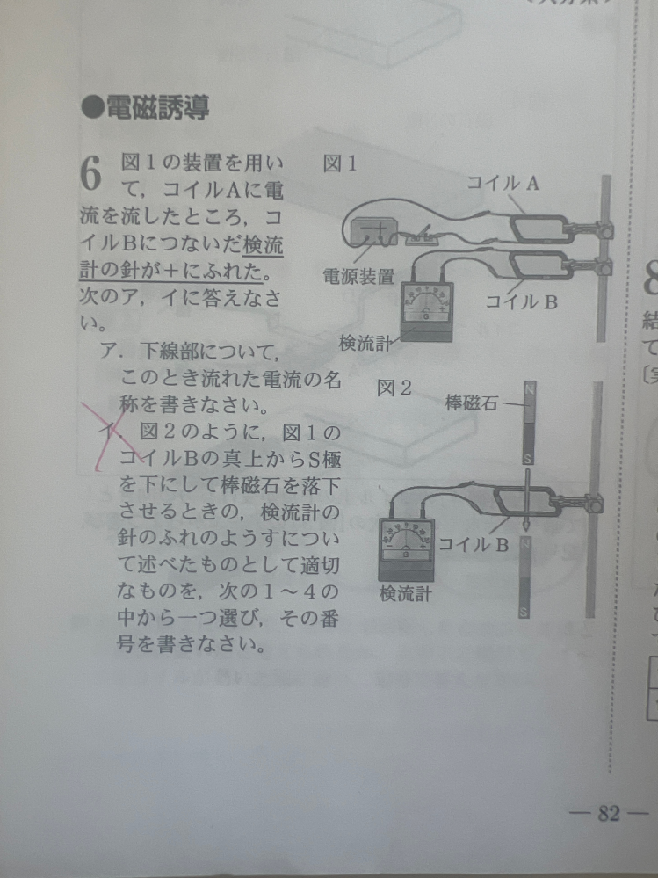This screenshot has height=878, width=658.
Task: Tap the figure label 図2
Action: tap(394, 388)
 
